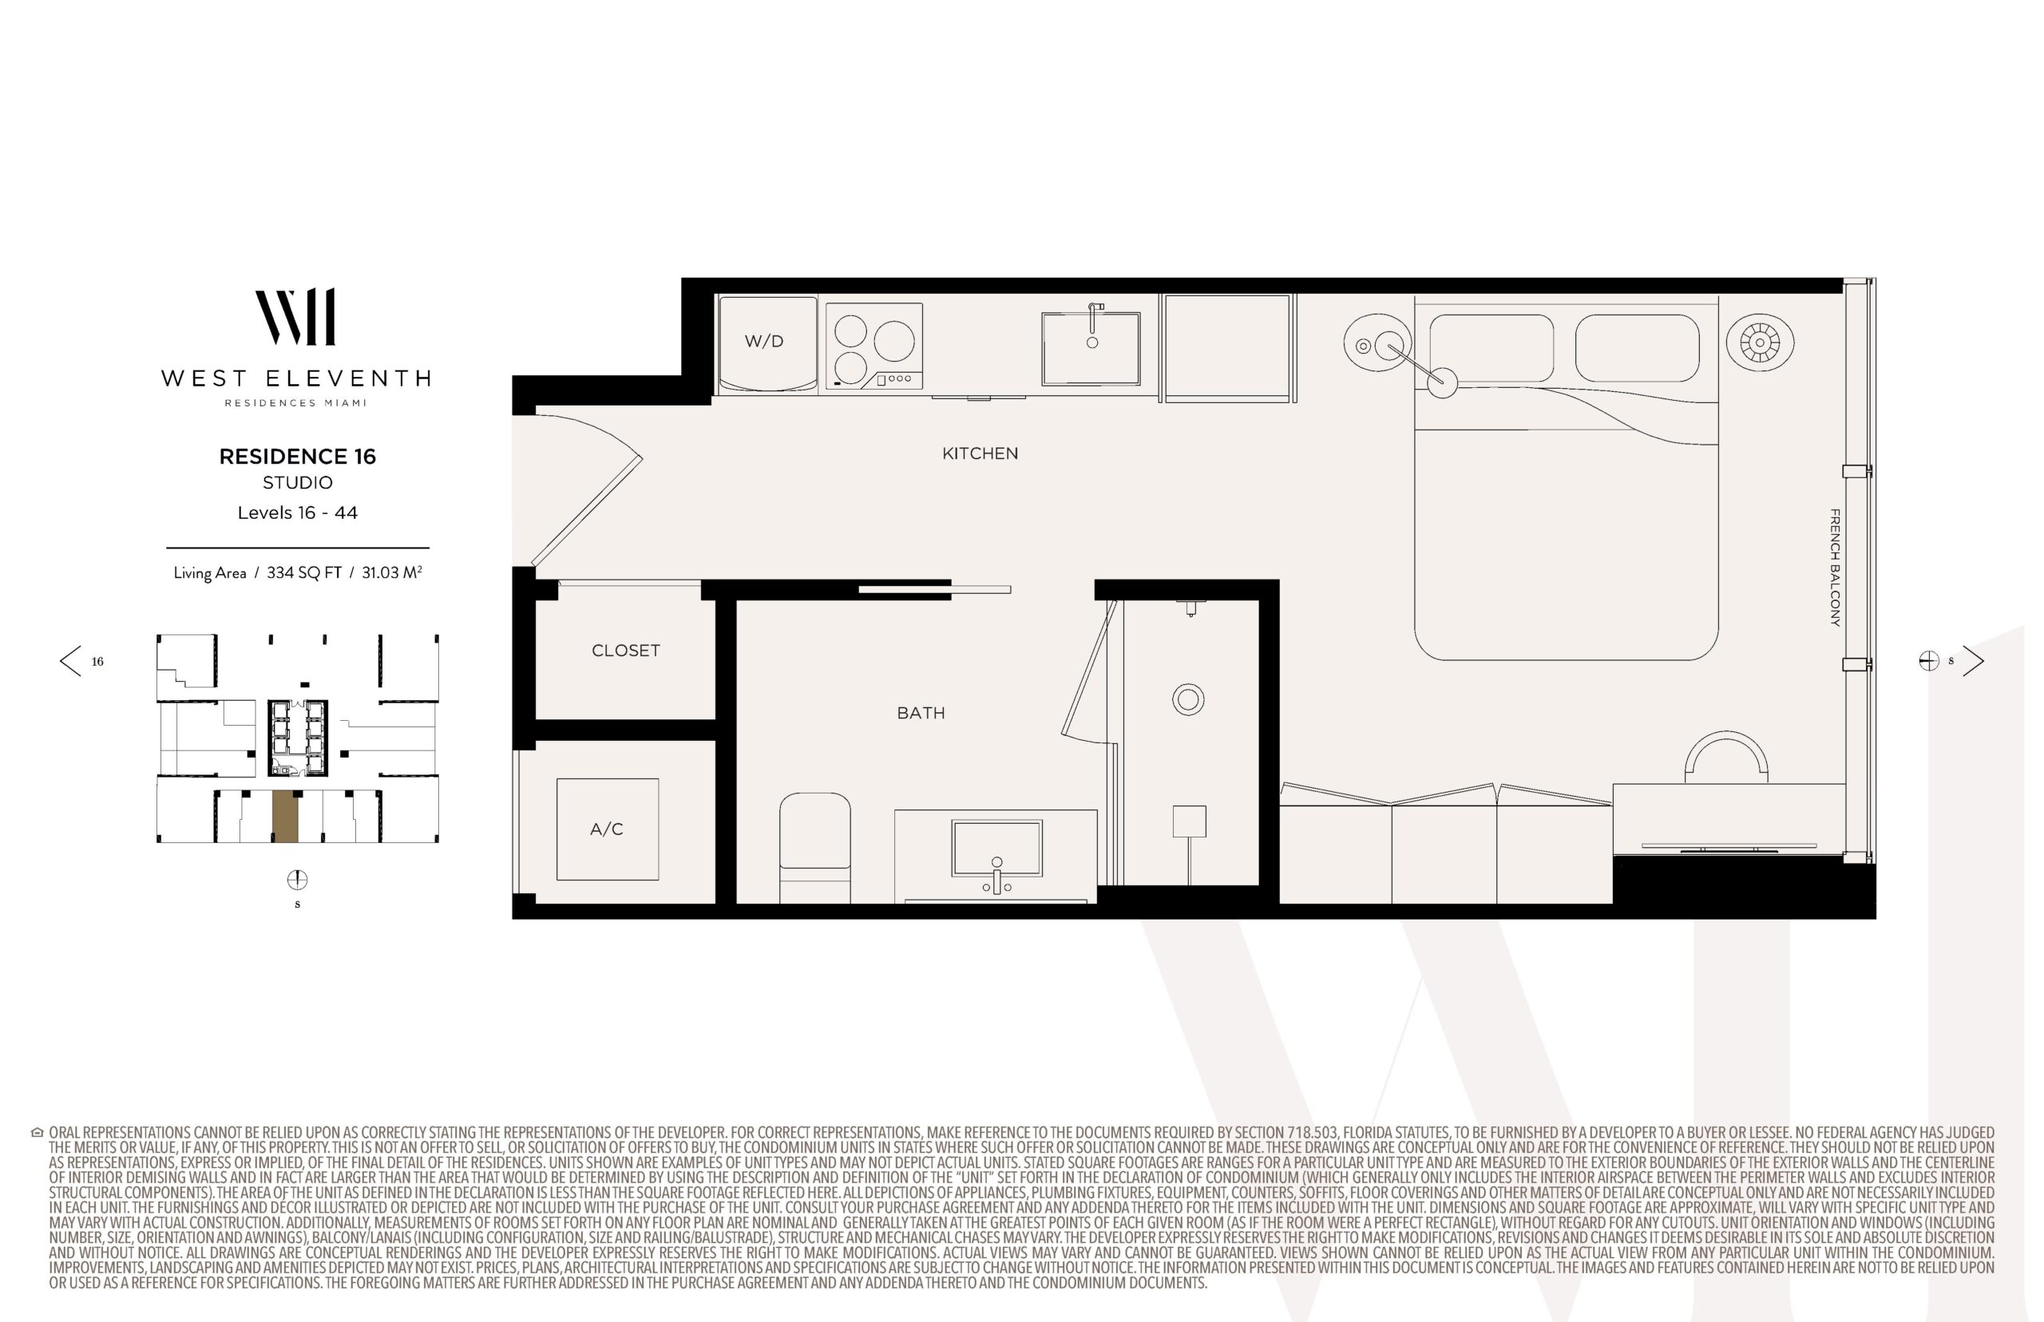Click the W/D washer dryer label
pos(763,341)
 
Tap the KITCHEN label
pos(980,453)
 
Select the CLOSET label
pos(626,651)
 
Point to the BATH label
pos(921,713)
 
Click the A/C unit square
pos(607,829)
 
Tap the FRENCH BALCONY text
pos(1835,568)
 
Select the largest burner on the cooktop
pos(893,342)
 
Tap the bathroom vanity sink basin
pos(996,848)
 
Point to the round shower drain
pos(1188,699)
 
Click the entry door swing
pos(588,489)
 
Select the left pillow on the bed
pos(1491,348)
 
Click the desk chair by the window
pos(1726,756)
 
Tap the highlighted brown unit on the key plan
pos(285,817)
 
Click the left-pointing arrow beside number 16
pos(70,661)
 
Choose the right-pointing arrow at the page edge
pos(1973,660)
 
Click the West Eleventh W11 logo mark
pos(295,317)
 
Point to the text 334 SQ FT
pos(305,572)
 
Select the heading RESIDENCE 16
pos(297,457)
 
